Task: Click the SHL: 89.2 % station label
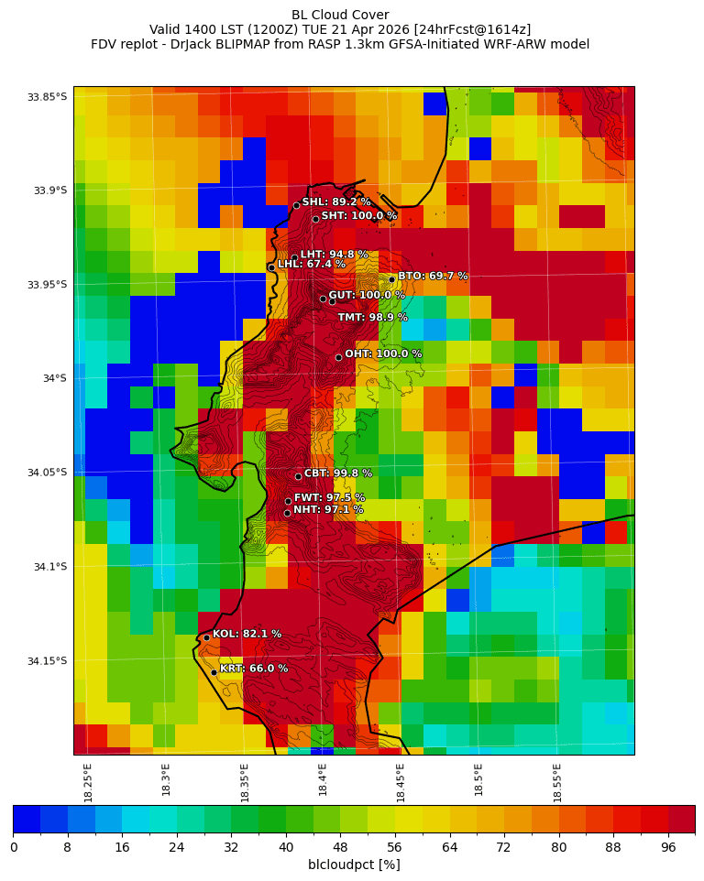336,201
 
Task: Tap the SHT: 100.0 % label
358,216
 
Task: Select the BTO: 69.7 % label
433,276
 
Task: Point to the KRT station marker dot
214,672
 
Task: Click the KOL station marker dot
206,637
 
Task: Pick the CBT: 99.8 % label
338,473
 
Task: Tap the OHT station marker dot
338,357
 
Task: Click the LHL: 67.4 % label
312,264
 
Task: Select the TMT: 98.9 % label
372,318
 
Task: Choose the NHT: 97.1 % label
327,509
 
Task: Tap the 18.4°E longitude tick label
323,779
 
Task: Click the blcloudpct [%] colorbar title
354,865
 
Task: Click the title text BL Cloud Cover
340,15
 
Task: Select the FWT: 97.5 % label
329,497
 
